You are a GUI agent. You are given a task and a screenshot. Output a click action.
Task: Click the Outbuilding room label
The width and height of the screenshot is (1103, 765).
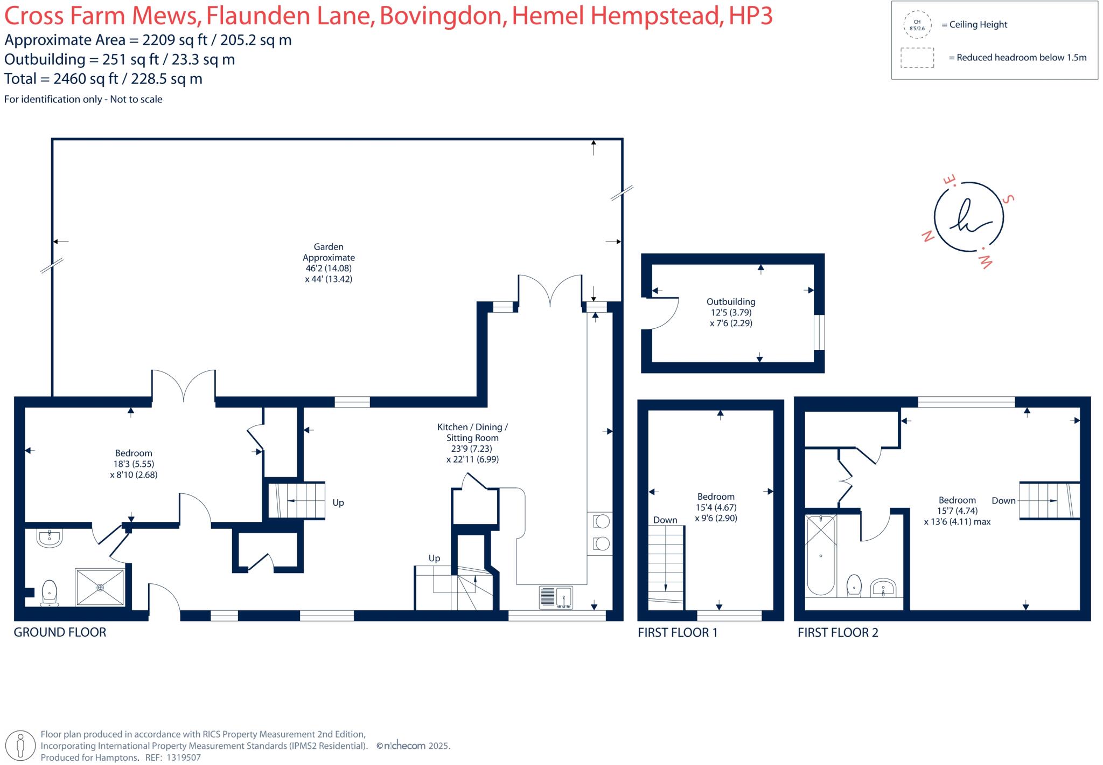731,313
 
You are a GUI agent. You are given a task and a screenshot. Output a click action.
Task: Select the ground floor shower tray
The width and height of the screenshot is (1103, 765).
100,587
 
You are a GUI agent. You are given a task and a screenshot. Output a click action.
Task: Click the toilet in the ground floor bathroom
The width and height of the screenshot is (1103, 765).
50,594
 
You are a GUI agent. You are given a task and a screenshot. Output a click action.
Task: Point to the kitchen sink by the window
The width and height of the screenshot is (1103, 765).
556,597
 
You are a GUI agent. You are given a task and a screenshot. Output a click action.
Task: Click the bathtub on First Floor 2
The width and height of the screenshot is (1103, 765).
820,555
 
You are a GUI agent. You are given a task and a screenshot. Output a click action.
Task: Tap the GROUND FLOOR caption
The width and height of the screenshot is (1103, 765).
60,632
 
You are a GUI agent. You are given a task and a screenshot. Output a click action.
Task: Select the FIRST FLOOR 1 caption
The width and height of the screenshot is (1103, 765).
678,632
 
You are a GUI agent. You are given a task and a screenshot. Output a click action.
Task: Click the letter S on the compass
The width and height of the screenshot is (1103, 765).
1008,199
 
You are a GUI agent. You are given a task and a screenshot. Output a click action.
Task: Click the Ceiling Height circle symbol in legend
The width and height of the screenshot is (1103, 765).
917,25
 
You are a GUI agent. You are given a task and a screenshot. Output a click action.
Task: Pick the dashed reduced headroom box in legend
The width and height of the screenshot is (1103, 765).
917,58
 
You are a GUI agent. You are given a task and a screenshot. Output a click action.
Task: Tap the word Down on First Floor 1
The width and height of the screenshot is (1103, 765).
665,520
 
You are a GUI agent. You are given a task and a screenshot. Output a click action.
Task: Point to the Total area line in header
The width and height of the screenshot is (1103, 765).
103,79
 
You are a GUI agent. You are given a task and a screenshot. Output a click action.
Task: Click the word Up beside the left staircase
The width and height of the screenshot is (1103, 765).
338,502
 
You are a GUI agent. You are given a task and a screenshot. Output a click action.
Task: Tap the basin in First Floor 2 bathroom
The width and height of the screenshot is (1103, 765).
883,587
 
